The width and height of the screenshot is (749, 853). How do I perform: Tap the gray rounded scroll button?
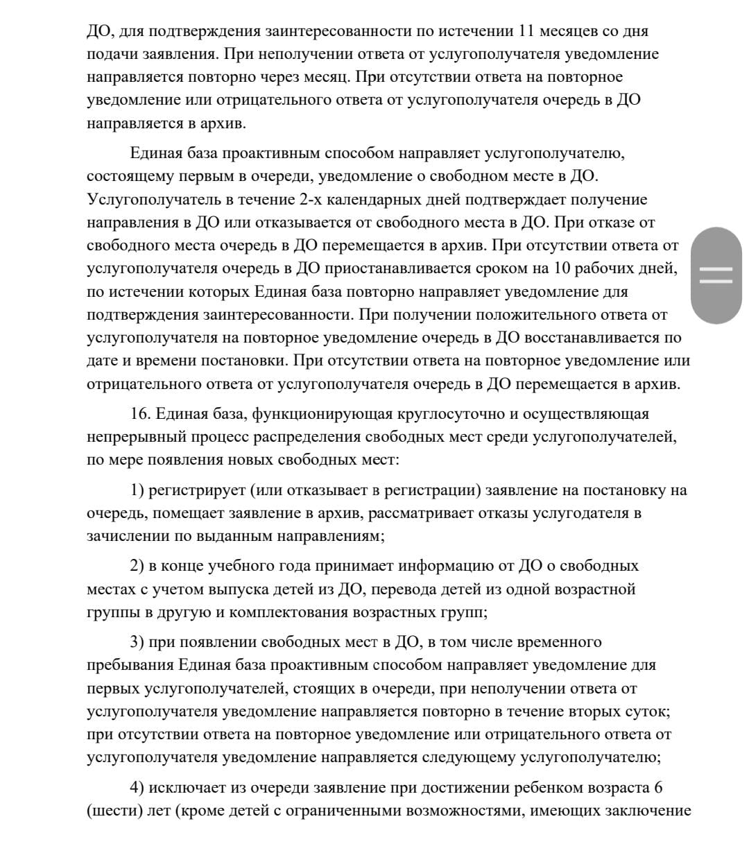click(x=716, y=275)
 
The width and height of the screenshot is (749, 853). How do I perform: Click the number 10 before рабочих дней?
click(x=562, y=268)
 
